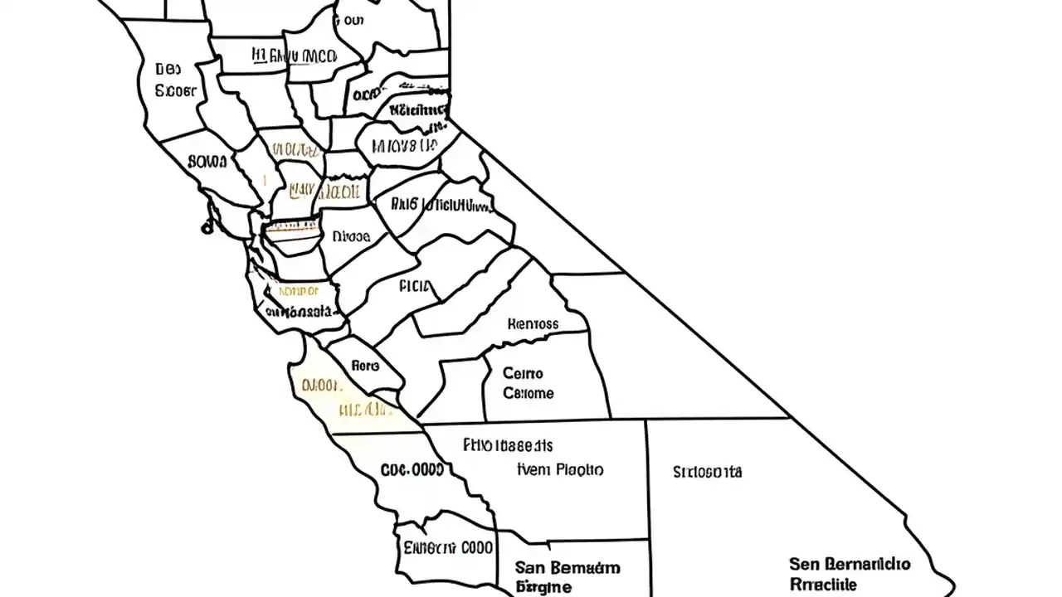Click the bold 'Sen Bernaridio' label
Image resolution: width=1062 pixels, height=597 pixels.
(849, 565)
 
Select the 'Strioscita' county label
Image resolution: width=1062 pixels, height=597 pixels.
(707, 473)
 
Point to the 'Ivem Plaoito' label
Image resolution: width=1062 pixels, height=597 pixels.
(560, 469)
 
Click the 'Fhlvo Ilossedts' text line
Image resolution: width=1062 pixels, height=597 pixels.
(508, 445)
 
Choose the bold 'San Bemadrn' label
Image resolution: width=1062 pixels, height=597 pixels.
(567, 568)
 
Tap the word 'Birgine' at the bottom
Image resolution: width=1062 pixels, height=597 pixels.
(543, 587)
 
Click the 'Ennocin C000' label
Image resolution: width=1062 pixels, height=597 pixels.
(448, 547)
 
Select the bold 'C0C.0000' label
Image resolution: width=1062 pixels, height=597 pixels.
(412, 469)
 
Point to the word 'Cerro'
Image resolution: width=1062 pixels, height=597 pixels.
(523, 374)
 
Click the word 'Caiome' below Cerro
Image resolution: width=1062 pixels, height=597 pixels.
(529, 393)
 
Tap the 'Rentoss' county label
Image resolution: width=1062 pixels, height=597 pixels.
(533, 323)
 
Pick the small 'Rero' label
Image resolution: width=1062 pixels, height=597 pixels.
(365, 365)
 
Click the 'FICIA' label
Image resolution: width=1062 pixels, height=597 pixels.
(416, 287)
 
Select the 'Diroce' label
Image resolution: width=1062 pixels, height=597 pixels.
(350, 236)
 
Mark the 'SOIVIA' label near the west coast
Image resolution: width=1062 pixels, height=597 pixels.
(207, 161)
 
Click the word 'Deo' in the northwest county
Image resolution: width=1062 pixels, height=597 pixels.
(168, 70)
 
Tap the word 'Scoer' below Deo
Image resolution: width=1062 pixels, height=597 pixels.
(176, 90)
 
